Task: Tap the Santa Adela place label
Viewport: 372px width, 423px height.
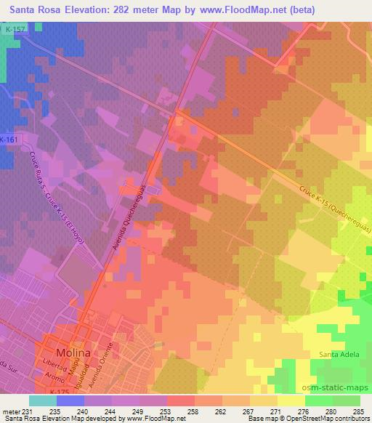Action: (339, 355)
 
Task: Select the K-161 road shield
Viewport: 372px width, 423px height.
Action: (9, 140)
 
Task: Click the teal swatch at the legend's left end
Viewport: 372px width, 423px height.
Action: (43, 400)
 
